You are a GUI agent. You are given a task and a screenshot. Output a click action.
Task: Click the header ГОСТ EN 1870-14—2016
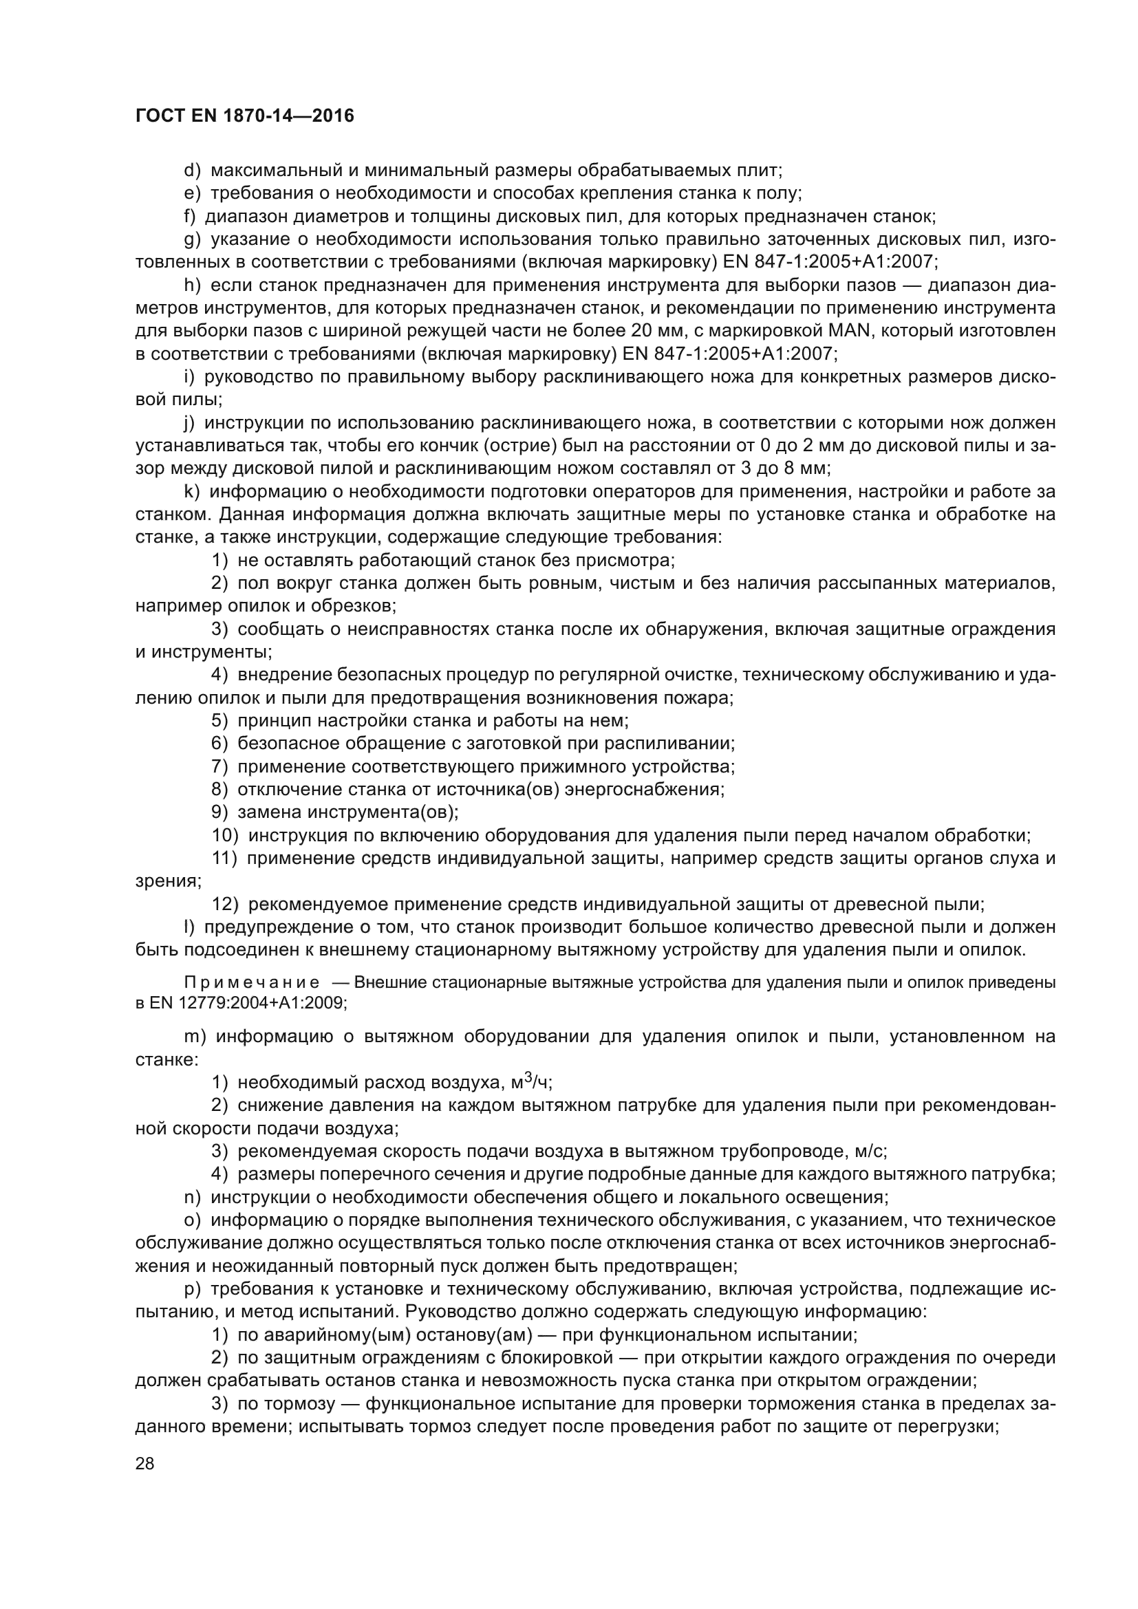[244, 116]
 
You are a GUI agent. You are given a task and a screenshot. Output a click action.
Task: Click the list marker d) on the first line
[192, 171]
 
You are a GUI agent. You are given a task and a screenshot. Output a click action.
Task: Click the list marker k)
[192, 491]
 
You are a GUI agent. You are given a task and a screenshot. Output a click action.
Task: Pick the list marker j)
[189, 422]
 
